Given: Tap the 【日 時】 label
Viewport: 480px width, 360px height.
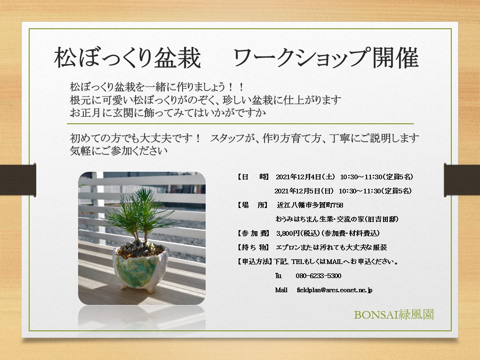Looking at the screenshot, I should click(x=252, y=177).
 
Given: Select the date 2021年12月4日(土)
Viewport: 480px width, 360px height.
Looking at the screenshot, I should click(x=305, y=177).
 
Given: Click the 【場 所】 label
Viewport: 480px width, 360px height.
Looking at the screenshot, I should click(x=252, y=205).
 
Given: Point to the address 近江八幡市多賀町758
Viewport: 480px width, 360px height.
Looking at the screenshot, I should click(x=310, y=205).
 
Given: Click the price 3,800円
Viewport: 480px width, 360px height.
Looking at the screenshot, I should click(x=288, y=233).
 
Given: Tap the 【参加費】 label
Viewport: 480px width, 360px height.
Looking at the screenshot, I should click(x=252, y=233).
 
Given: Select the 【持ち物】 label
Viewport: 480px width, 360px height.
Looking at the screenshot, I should click(x=252, y=247).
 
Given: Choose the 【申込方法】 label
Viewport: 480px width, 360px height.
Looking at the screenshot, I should click(x=254, y=261).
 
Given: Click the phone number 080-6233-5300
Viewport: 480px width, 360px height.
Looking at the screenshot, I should click(x=319, y=276).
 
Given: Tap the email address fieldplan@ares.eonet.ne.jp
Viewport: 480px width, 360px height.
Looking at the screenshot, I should click(x=335, y=290).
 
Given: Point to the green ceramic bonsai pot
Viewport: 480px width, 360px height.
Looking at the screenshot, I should click(x=140, y=269).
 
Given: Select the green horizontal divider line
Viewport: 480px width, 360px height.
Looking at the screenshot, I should click(x=240, y=124).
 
